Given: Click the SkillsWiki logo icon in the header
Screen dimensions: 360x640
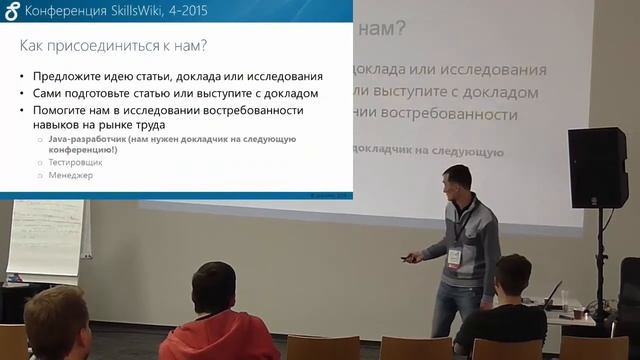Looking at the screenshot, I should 11,10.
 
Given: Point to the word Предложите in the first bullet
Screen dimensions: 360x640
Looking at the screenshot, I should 71,77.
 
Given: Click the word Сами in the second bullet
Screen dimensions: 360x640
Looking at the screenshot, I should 49,93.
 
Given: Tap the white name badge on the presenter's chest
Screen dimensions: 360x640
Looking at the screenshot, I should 454,257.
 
